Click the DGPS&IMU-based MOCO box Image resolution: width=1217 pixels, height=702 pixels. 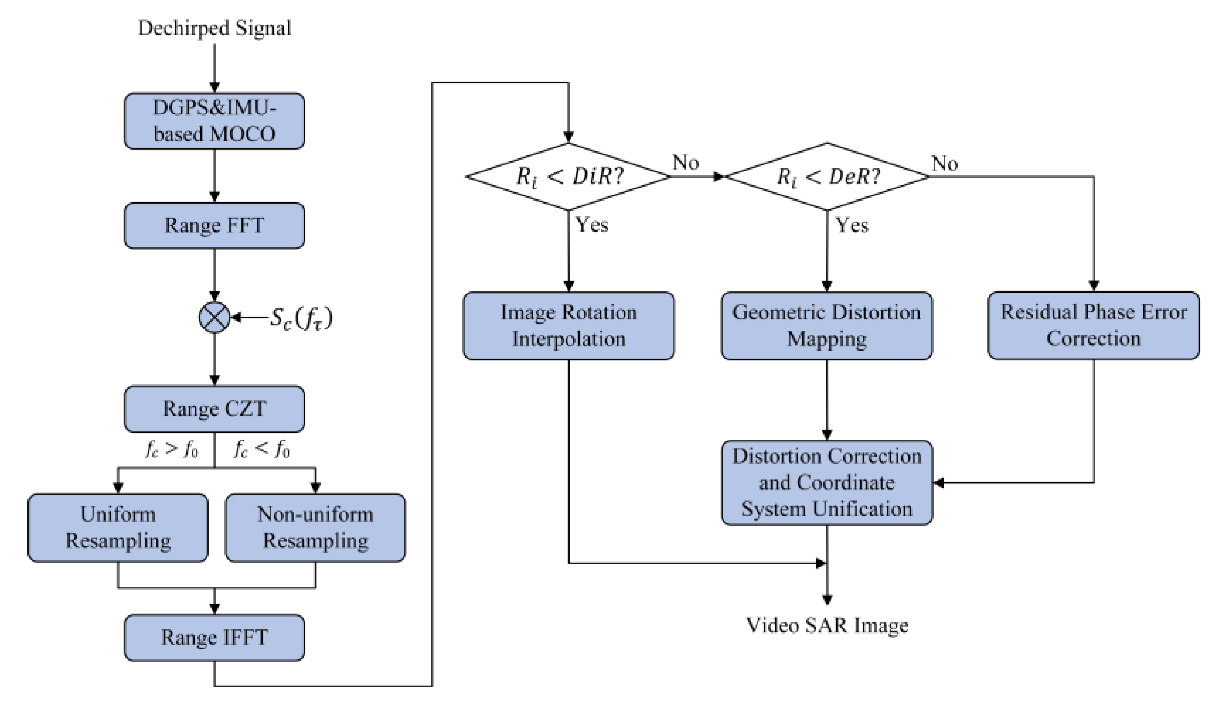click(214, 121)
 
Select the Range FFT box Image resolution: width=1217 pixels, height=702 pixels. click(214, 226)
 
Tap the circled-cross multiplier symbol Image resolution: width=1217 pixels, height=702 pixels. click(214, 318)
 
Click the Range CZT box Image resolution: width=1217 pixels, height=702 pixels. click(214, 409)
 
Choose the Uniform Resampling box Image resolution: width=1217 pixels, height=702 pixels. click(118, 528)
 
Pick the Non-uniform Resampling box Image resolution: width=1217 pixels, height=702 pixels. click(315, 528)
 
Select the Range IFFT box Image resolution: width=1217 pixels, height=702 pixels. click(214, 637)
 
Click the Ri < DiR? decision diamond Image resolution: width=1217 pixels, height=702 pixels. click(568, 177)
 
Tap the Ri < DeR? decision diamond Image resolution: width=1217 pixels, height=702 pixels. click(827, 177)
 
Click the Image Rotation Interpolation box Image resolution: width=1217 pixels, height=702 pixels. click(568, 326)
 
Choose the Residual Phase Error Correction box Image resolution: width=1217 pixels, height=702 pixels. click(1093, 326)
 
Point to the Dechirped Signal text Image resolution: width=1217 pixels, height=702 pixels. click(214, 28)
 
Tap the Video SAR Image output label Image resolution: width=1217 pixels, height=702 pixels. click(827, 625)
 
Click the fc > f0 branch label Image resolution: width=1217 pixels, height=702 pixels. click(172, 449)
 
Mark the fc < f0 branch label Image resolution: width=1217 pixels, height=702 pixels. click(262, 449)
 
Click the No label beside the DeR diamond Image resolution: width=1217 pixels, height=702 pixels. click(944, 164)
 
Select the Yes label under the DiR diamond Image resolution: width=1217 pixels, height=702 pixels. click(592, 225)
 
